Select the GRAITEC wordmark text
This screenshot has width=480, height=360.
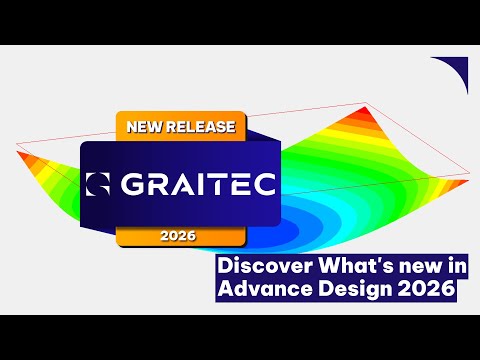(195, 185)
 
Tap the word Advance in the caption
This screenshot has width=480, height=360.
(259, 290)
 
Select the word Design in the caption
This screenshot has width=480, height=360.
(344, 290)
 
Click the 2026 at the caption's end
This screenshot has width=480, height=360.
(423, 290)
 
